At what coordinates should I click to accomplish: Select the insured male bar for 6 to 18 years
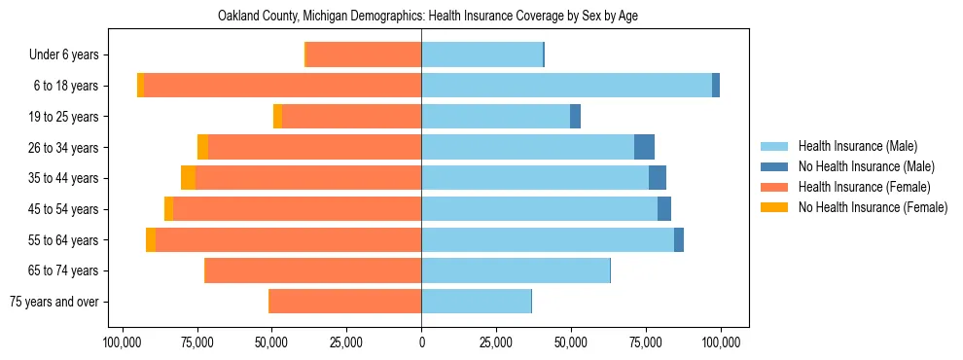point(566,86)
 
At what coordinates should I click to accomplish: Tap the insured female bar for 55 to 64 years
point(288,239)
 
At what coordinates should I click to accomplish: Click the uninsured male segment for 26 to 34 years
point(644,147)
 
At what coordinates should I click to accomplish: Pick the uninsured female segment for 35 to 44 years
point(189,178)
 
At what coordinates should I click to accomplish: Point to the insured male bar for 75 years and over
point(476,302)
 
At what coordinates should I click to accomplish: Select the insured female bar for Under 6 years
point(364,54)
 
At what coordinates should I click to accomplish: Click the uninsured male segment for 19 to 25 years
point(575,117)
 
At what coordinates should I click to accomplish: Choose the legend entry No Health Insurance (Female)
point(873,207)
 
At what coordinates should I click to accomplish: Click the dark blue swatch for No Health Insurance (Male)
point(774,167)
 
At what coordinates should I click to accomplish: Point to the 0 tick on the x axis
point(421,342)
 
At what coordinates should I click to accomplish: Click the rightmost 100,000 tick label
point(721,342)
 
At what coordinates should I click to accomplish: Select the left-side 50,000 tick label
point(271,342)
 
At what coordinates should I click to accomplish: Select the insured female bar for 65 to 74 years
point(313,270)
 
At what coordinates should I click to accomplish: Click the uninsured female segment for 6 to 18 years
point(140,86)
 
